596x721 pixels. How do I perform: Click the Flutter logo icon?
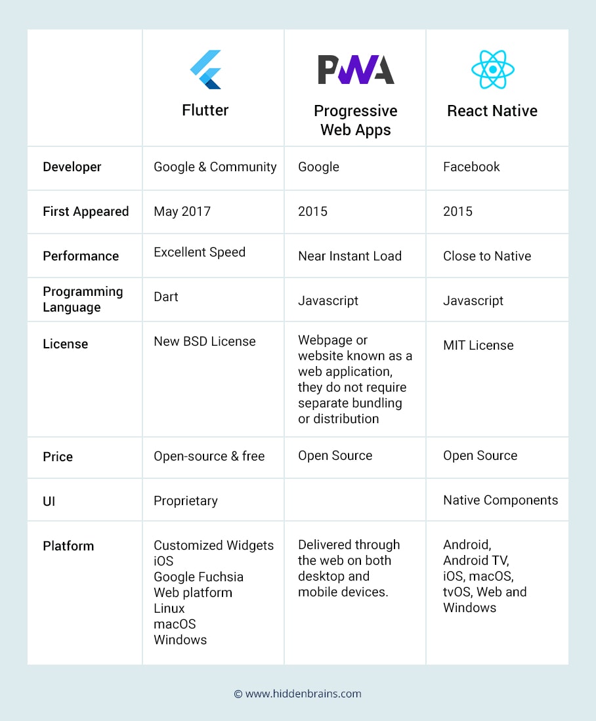[x=205, y=70]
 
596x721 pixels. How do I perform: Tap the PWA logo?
[x=356, y=70]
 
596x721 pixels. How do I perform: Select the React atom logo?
[x=492, y=70]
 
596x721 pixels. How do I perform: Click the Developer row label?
[x=72, y=167]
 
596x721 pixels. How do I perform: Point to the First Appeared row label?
[x=86, y=212]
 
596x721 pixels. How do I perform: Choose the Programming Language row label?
[x=83, y=299]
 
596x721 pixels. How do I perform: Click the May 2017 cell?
[x=182, y=211]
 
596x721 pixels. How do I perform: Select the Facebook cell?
[x=471, y=167]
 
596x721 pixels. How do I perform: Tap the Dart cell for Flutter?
[x=166, y=297]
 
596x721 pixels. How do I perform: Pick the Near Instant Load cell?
[x=350, y=256]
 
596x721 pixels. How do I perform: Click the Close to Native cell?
[x=487, y=256]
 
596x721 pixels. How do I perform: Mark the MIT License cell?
[x=479, y=345]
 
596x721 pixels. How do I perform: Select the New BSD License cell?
[x=205, y=341]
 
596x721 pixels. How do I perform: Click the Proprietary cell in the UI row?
[x=186, y=501]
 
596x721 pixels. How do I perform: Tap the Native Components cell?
[x=501, y=500]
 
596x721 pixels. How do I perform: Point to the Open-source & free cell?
[x=209, y=456]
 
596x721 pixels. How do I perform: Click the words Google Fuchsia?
[x=198, y=577]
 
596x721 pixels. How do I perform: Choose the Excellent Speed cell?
[x=200, y=252]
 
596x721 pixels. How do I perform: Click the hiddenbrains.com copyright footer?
[x=298, y=693]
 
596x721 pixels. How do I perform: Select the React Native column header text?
[x=492, y=111]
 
